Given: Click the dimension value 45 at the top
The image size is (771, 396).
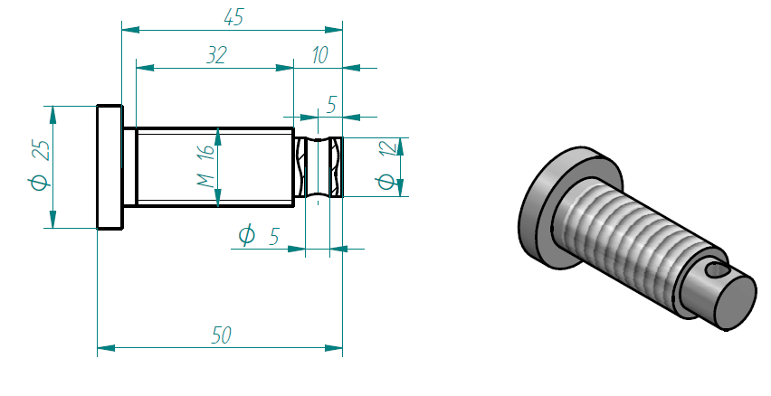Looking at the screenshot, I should pos(233,17).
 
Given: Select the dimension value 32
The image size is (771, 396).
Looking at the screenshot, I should pos(215,55).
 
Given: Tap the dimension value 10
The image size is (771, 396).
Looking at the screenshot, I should pos(319,55).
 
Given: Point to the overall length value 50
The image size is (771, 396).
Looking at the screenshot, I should pos(221,335).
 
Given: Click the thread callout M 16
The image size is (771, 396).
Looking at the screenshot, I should pos(206,166).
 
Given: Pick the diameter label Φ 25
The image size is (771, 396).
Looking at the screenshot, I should pos(39,167).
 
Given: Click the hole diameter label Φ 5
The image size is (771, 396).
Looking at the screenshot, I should pos(258,236).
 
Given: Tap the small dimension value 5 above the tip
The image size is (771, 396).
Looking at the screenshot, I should pos(331,106).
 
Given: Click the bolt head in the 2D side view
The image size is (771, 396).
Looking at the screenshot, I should pos(109,167).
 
